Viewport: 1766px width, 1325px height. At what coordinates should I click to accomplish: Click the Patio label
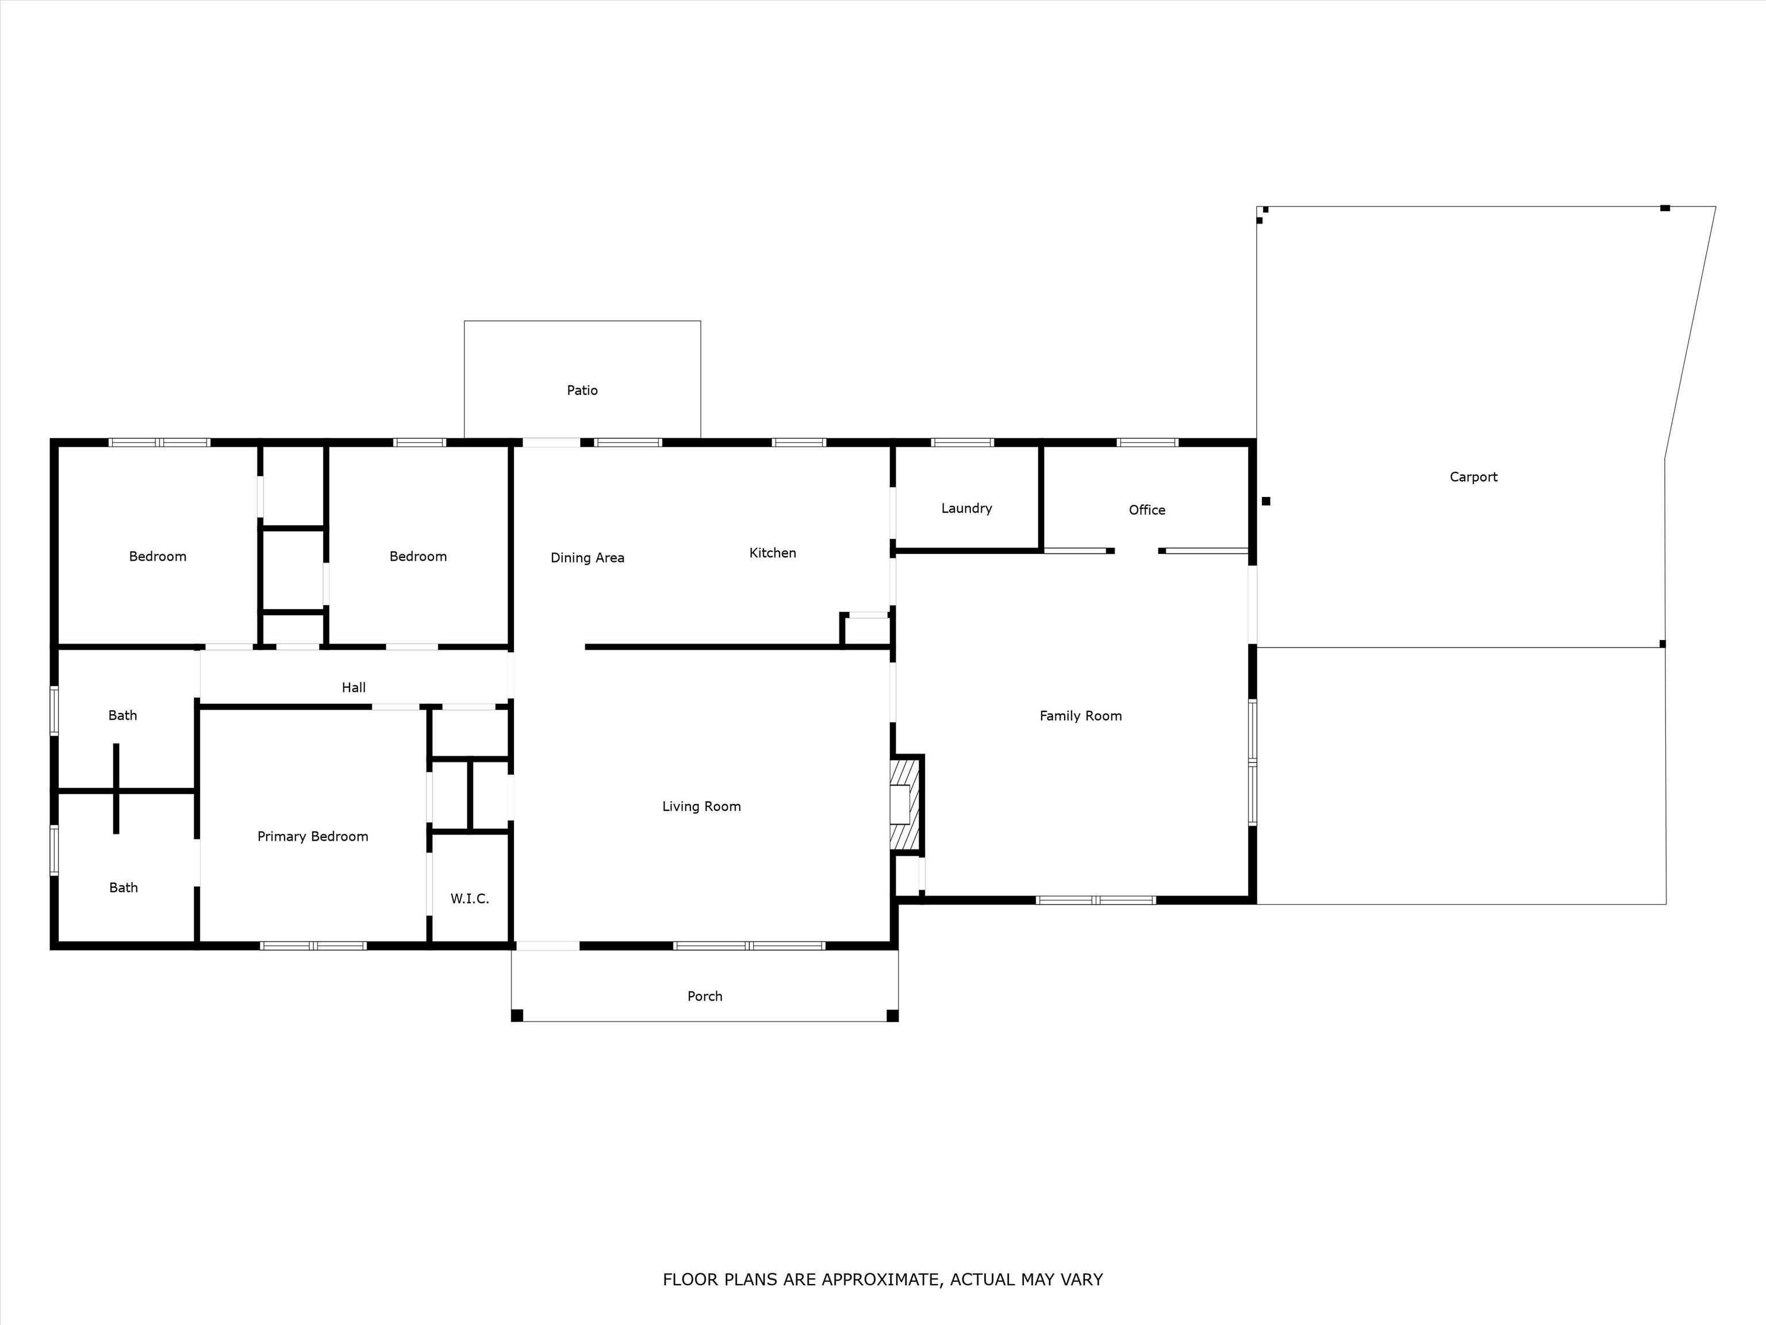pos(582,390)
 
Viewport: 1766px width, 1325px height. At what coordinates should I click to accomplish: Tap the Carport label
pos(1473,477)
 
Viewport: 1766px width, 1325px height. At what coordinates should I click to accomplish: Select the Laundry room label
pos(966,508)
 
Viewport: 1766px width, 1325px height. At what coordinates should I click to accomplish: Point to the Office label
pos(1146,510)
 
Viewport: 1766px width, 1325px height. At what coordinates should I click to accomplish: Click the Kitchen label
pos(772,553)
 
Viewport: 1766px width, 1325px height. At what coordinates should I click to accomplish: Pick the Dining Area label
pos(587,557)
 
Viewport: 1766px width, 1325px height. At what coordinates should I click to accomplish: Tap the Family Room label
pos(1080,715)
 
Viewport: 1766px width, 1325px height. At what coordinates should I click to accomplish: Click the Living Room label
pos(701,807)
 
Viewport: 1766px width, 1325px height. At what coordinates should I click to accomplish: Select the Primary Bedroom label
pos(312,836)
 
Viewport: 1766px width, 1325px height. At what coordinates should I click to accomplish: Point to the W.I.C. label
pos(470,898)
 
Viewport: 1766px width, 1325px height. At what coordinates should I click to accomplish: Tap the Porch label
pos(704,996)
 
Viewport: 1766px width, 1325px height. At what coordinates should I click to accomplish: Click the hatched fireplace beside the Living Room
pos(904,803)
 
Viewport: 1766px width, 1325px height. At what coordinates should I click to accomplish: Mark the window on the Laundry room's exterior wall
pos(962,442)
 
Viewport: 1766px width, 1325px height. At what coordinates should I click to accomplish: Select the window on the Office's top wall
pos(1147,442)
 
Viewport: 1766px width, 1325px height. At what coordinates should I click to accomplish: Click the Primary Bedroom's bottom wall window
pos(313,945)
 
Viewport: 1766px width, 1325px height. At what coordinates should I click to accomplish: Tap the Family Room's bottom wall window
pos(1095,900)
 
